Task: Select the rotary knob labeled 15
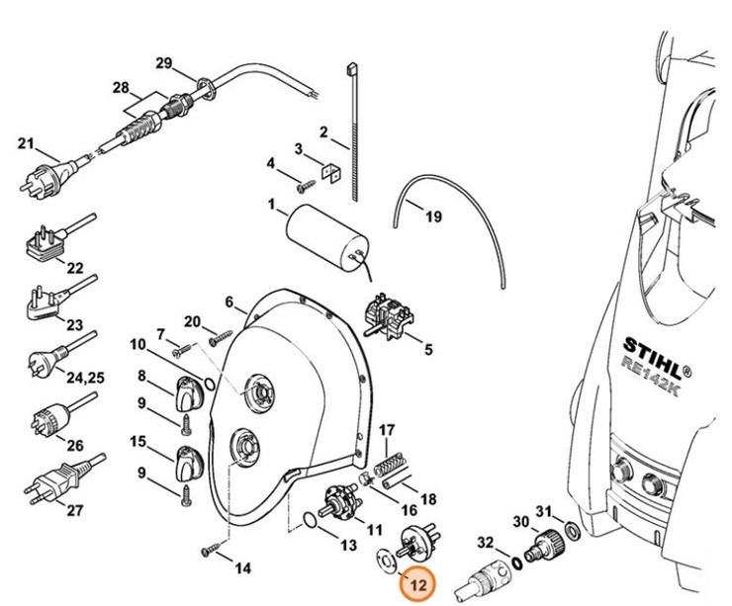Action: pos(187,461)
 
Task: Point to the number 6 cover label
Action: pos(228,302)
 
